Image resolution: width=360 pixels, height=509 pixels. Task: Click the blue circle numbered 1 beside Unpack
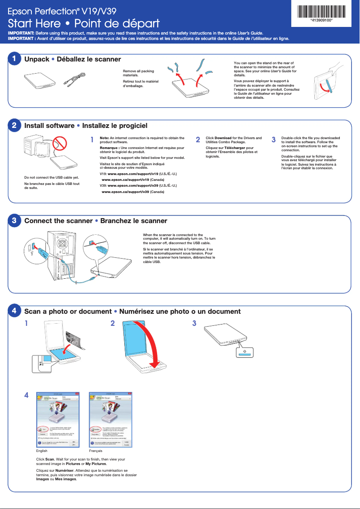click(x=14, y=59)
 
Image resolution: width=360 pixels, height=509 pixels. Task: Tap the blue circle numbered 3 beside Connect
click(x=14, y=220)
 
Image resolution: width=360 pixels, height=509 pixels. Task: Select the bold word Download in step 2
click(x=223, y=138)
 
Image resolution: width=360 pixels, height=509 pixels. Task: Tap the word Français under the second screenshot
click(x=96, y=451)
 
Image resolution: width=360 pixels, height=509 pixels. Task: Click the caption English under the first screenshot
click(x=42, y=451)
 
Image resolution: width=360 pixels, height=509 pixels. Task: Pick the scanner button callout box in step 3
click(x=244, y=353)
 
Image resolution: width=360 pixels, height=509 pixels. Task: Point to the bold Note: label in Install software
click(x=104, y=138)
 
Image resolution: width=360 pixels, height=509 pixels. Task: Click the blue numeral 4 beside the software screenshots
click(x=26, y=395)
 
